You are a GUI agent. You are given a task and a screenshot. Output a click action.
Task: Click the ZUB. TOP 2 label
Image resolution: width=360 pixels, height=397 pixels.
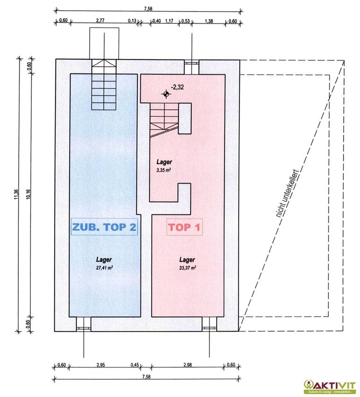[x=104, y=227]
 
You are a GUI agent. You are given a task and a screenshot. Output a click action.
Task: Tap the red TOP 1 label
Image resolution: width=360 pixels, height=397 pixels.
[x=184, y=227]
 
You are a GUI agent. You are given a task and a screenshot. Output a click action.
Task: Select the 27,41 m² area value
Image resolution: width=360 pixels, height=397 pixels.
[x=104, y=268]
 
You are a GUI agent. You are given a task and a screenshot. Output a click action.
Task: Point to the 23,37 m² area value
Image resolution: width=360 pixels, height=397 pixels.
[x=187, y=268]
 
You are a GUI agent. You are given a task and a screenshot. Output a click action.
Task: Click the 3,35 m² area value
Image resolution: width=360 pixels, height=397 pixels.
[x=163, y=170]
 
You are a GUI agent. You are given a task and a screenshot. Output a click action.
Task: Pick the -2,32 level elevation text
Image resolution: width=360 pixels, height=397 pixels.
[x=177, y=87]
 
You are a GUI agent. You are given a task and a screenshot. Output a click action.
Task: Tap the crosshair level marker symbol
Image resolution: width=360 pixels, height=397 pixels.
[x=166, y=94]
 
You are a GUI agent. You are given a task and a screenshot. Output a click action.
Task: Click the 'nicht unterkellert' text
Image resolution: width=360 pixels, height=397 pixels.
[x=287, y=194]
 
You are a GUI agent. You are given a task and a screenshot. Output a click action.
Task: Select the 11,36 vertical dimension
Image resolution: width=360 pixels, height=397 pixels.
[x=16, y=195]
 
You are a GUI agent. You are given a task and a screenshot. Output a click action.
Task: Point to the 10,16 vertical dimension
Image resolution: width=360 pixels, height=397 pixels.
[x=28, y=194]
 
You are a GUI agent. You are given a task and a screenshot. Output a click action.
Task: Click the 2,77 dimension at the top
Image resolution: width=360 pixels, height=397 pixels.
[x=100, y=21]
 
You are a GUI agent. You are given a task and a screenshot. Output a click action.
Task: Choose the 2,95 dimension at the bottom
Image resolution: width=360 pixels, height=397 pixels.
[x=100, y=365]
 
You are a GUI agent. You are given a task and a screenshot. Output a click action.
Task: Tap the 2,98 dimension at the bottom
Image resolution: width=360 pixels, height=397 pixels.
[x=188, y=365]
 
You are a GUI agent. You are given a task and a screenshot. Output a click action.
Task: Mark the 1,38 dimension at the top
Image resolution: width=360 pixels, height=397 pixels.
[x=209, y=21]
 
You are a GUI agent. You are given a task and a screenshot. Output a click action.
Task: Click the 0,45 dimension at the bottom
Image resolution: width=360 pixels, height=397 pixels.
[x=134, y=365]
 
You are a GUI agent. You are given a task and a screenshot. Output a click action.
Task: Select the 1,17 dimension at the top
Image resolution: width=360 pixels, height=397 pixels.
[x=169, y=21]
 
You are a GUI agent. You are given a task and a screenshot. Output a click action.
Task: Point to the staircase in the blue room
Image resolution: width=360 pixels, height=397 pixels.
[x=104, y=85]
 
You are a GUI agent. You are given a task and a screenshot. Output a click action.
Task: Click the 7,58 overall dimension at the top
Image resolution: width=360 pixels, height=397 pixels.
[x=148, y=9]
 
